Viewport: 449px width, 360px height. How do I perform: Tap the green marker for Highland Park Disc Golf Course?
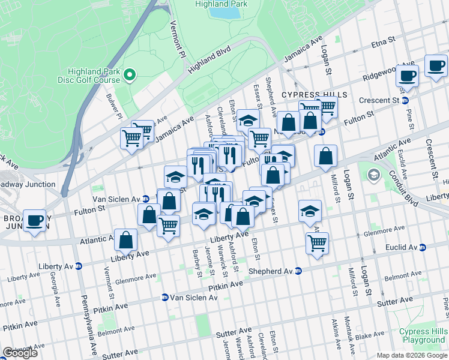pyautogui.click(x=130, y=75)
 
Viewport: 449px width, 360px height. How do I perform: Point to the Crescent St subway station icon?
pyautogui.click(x=405, y=100)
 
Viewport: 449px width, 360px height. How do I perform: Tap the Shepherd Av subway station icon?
pyautogui.click(x=298, y=271)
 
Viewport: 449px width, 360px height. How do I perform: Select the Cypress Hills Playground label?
pyautogui.click(x=424, y=335)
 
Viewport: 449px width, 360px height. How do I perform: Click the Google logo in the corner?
pyautogui.click(x=20, y=353)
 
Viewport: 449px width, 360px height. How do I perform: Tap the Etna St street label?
pyautogui.click(x=383, y=41)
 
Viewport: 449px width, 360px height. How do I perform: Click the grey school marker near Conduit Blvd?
pyautogui.click(x=373, y=175)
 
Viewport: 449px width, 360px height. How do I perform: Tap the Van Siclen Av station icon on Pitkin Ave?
pyautogui.click(x=164, y=297)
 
